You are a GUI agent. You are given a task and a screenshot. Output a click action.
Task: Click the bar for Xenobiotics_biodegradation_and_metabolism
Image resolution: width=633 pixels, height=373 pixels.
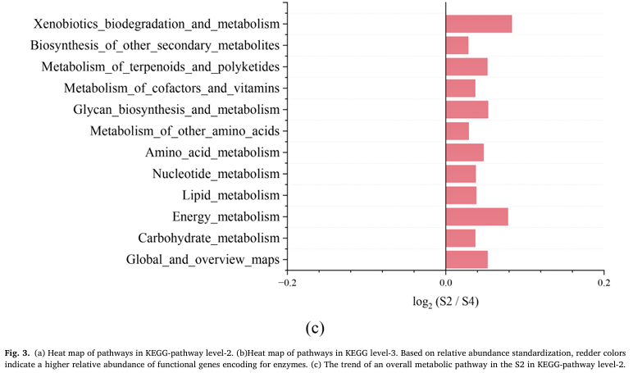pyautogui.click(x=478, y=24)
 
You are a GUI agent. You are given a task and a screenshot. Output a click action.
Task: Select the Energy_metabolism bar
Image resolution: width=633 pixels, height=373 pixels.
pyautogui.click(x=476, y=216)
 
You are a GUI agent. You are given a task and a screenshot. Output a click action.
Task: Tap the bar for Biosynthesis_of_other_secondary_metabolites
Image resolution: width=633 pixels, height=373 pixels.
pyautogui.click(x=457, y=45)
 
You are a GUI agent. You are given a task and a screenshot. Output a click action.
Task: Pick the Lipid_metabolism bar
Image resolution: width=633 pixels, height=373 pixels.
pyautogui.click(x=461, y=195)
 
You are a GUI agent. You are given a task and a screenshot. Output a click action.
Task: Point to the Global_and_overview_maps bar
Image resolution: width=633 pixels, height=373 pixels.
pyautogui.click(x=467, y=260)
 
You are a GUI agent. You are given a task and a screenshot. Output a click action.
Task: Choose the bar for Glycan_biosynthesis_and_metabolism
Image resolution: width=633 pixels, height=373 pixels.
pyautogui.click(x=467, y=109)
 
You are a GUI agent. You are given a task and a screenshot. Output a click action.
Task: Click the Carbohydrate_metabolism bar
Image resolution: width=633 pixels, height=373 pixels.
pyautogui.click(x=460, y=238)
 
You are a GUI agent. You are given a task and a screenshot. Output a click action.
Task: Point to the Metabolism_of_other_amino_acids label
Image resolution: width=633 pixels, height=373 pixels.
pyautogui.click(x=184, y=131)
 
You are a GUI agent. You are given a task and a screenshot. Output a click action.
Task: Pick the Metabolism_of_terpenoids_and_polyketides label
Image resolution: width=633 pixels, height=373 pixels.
pyautogui.click(x=161, y=66)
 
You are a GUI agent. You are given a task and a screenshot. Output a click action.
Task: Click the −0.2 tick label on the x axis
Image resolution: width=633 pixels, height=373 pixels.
pyautogui.click(x=285, y=283)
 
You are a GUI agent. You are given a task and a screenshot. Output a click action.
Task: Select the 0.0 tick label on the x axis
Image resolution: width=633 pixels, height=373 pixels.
pyautogui.click(x=445, y=283)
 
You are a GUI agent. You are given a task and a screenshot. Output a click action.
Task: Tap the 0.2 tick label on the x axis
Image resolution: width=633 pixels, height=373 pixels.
pyautogui.click(x=603, y=283)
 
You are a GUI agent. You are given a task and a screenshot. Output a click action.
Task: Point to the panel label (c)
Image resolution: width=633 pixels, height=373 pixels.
pyautogui.click(x=316, y=328)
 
